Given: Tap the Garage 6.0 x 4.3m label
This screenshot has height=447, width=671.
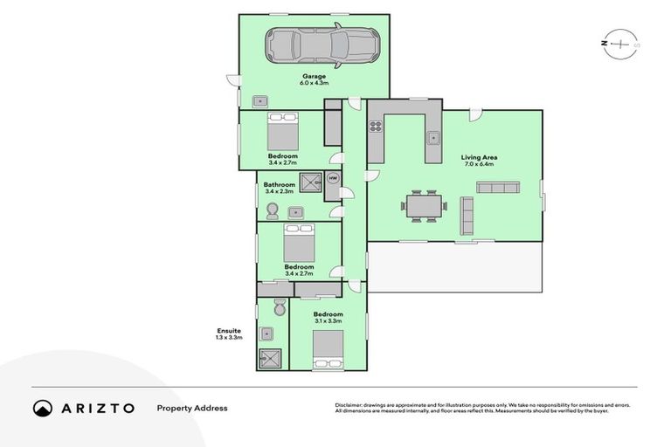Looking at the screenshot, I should [314, 79].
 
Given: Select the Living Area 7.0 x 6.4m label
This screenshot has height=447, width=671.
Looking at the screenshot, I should [477, 161].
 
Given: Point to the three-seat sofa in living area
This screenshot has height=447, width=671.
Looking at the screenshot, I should [498, 188].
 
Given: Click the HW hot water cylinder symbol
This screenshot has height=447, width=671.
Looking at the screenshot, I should [332, 178].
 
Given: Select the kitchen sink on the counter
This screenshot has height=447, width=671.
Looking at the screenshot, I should [432, 136].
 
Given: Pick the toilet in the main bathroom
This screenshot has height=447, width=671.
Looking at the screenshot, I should [272, 210].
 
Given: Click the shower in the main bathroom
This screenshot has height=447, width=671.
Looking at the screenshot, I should [310, 182].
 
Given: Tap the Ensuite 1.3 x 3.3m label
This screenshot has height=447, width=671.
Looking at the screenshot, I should [229, 334].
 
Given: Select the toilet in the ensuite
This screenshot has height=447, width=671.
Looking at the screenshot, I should [279, 308].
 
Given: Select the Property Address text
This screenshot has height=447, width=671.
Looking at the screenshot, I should [191, 408].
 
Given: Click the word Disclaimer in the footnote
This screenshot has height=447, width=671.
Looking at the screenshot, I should [350, 405].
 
